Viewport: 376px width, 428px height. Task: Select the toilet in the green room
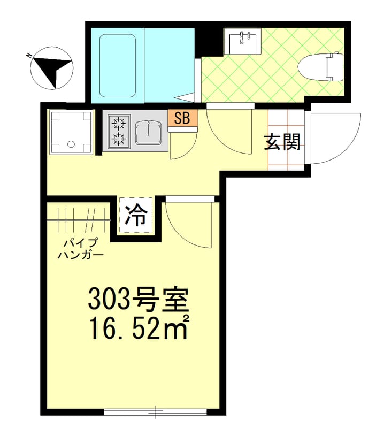321,66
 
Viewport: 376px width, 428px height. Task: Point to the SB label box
182,119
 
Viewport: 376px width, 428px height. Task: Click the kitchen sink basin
149,132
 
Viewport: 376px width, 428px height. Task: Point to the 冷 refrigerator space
136,216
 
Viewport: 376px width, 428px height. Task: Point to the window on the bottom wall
155,412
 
